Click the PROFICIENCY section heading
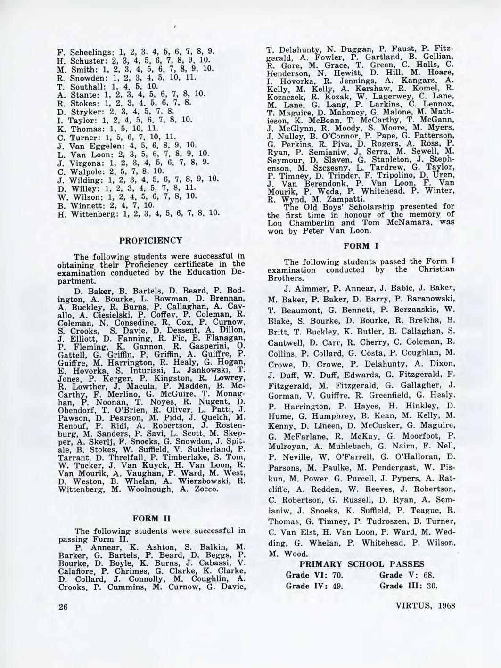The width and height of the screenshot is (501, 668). (x=148, y=240)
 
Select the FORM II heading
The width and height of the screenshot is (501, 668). (x=148, y=519)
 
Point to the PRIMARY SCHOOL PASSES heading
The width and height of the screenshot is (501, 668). (x=362, y=564)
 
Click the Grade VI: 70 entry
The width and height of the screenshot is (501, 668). (x=314, y=575)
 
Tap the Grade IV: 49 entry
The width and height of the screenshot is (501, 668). (x=314, y=587)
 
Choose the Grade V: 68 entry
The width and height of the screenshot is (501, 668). (x=407, y=575)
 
